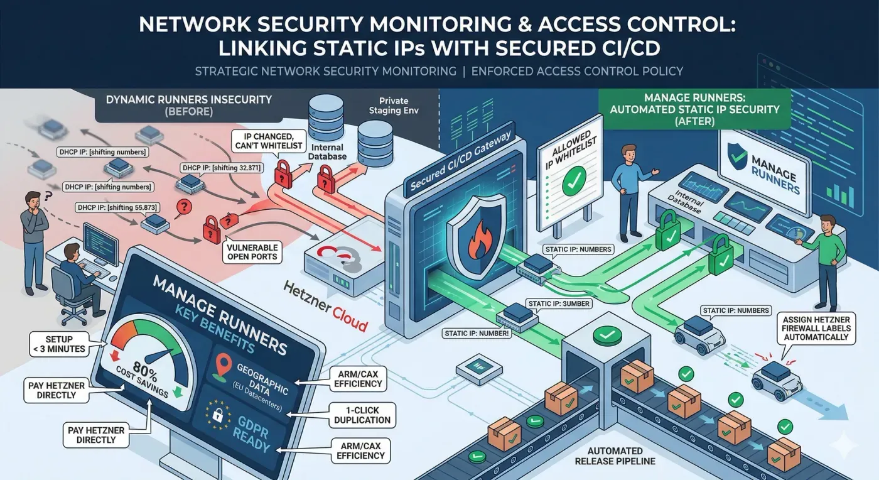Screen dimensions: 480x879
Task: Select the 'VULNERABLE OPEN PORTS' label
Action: click(252, 251)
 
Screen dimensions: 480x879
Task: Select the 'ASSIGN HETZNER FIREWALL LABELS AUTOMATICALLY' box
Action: click(814, 328)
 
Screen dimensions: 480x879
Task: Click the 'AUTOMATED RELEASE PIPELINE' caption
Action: click(615, 456)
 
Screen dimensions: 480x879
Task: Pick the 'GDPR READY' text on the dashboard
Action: click(247, 428)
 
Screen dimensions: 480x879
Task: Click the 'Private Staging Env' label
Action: click(394, 106)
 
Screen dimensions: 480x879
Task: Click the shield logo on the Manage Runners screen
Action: click(735, 158)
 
